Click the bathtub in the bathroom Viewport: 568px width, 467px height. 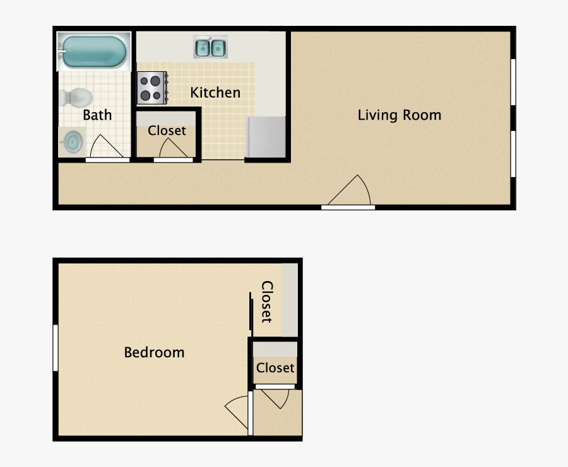pos(94,52)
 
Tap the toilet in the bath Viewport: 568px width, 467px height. pos(76,98)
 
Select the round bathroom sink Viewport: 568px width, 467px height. pos(73,142)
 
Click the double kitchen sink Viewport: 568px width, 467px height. pos(210,47)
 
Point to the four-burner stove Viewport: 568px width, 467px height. pos(152,88)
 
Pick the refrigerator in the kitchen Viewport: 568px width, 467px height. pos(266,137)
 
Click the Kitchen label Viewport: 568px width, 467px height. pos(215,93)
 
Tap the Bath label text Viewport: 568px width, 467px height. pos(97,115)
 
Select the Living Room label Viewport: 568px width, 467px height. pos(399,115)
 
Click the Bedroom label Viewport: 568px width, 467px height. pos(155,352)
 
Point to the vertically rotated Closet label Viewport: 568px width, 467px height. pos(267,302)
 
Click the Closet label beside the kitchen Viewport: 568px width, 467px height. pos(167,130)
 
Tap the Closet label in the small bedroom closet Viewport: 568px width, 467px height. pos(275,368)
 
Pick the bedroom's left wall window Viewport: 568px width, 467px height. pos(56,348)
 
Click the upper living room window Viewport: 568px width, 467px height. pos(513,82)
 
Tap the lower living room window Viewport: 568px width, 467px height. pos(513,154)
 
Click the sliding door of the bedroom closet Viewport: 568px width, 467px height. pos(251,311)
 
